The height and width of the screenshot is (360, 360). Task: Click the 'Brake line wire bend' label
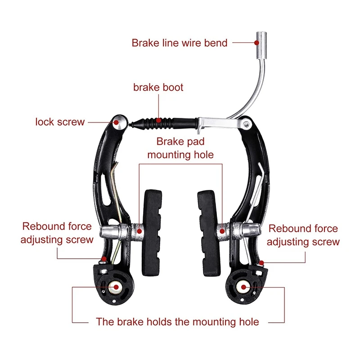click(179, 43)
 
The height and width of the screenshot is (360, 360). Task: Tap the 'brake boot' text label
click(158, 87)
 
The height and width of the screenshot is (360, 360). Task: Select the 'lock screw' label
click(60, 122)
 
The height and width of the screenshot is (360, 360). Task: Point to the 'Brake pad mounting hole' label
click(180, 148)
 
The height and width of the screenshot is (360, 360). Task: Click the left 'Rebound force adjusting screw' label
click(57, 233)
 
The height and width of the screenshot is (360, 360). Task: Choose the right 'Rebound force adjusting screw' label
click(303, 235)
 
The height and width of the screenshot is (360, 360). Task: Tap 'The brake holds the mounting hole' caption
click(177, 322)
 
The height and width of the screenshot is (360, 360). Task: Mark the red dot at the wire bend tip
click(257, 43)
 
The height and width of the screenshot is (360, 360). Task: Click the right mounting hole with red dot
click(243, 286)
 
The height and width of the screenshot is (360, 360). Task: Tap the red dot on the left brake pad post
click(139, 232)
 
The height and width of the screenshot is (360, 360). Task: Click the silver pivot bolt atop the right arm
click(247, 122)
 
